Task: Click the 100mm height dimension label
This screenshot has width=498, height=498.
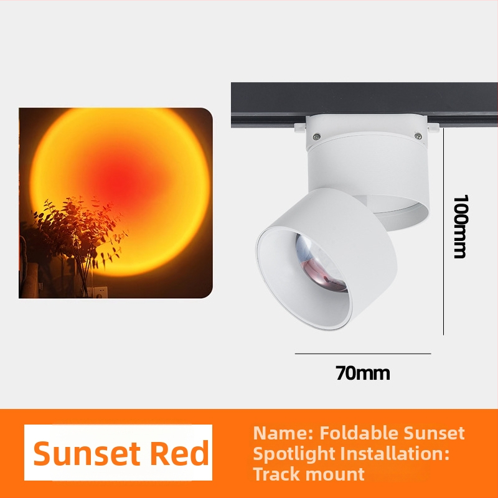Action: [460, 227]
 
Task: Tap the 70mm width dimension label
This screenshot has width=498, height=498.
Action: [363, 373]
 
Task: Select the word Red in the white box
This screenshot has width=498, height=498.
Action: [179, 454]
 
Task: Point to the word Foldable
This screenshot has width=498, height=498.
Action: [359, 433]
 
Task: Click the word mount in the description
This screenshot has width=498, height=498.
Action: [337, 474]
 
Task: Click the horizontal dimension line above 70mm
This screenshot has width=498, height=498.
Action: [363, 354]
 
